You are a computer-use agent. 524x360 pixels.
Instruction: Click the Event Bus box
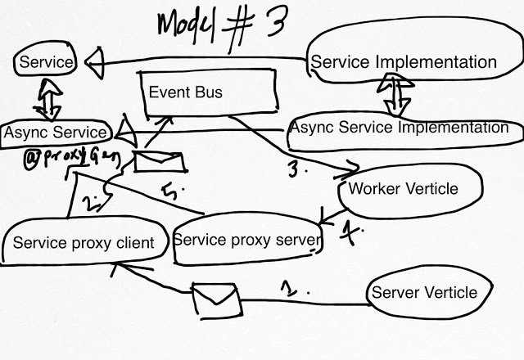(210, 92)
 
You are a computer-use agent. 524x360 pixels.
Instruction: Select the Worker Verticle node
(410, 191)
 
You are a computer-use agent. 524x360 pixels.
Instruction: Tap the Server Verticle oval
(430, 293)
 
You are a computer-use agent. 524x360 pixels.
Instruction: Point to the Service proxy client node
(84, 242)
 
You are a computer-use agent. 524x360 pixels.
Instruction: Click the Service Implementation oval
(414, 50)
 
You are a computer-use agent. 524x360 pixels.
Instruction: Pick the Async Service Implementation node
(405, 131)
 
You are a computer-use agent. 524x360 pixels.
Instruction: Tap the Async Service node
(56, 133)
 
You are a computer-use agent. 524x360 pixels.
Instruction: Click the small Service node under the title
(46, 60)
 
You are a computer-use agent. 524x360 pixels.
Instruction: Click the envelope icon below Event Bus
(160, 162)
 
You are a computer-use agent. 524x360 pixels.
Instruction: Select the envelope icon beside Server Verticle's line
(217, 300)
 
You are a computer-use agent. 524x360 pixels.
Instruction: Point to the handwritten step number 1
(289, 289)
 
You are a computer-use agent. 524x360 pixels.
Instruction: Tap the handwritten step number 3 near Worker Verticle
(293, 169)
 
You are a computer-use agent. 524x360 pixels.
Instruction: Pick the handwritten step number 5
(170, 192)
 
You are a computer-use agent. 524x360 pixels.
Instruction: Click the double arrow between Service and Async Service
(47, 100)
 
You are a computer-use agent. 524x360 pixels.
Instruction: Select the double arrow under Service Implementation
(395, 95)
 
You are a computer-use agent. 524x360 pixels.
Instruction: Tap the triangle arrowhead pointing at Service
(95, 63)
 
